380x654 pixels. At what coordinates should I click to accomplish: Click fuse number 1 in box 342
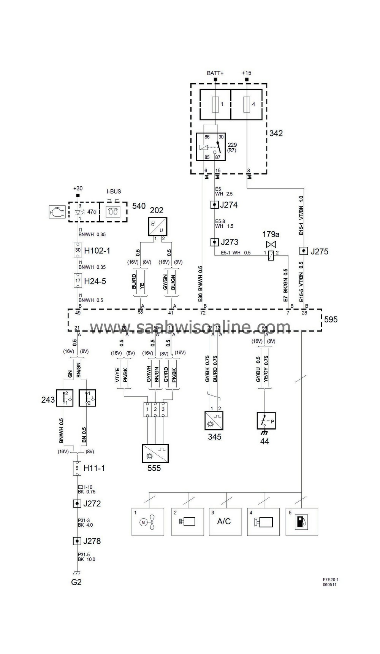tap(215, 104)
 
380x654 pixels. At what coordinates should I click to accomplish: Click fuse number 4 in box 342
tap(247, 104)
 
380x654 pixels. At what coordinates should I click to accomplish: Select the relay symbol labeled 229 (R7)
tap(211, 146)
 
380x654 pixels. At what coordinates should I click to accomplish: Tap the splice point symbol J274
tap(214, 205)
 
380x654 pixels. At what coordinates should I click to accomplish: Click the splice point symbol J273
tap(214, 242)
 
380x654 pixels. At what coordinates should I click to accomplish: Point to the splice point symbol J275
tap(303, 251)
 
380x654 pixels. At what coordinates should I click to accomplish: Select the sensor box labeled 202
tap(157, 227)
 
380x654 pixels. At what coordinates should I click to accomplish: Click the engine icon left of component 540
tap(57, 212)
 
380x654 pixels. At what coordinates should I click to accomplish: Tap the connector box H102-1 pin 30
tap(78, 250)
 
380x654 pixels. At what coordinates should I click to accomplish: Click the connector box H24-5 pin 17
tap(78, 281)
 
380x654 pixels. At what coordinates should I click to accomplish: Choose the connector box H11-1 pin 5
tap(77, 468)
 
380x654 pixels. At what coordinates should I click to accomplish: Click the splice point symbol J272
tap(77, 503)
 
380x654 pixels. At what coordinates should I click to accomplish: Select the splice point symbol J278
tap(77, 541)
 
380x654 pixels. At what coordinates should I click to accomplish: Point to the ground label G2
tap(76, 582)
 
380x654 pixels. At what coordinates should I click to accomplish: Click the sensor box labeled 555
tap(155, 453)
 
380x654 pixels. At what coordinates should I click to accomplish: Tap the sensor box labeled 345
tap(214, 421)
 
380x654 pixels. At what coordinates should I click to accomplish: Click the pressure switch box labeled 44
tap(266, 421)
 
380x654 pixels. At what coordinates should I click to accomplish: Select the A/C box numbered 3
tap(225, 522)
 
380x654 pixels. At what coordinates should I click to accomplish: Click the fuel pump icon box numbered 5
tap(301, 522)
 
